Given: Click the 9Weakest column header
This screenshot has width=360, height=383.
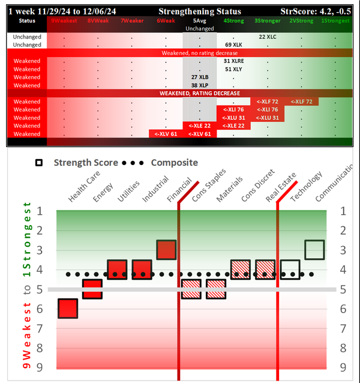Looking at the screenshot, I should (x=64, y=20).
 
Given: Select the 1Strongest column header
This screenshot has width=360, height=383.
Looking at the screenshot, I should (x=337, y=20).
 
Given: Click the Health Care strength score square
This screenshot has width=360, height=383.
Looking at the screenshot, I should (x=67, y=309).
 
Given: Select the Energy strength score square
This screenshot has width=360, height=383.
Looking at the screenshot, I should (x=92, y=289).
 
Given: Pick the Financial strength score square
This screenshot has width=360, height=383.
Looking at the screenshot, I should (x=166, y=250).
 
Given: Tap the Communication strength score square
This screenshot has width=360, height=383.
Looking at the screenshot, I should (x=314, y=250).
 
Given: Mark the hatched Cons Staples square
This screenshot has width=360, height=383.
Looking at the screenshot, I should (x=191, y=289).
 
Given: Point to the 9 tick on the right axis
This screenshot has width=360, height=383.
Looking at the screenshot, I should (x=343, y=367).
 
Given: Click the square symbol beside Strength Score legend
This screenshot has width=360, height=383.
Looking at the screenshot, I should (x=39, y=163).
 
